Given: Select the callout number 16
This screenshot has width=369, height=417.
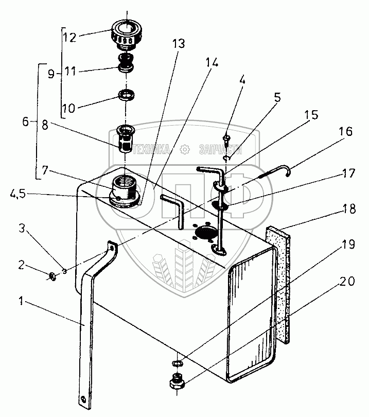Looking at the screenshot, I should pos(346,132).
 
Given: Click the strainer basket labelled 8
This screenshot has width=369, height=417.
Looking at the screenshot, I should pos(125,139).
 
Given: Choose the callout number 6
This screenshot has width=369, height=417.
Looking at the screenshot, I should pos(25,122).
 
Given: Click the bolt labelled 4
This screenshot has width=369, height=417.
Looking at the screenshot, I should pos(226,138).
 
